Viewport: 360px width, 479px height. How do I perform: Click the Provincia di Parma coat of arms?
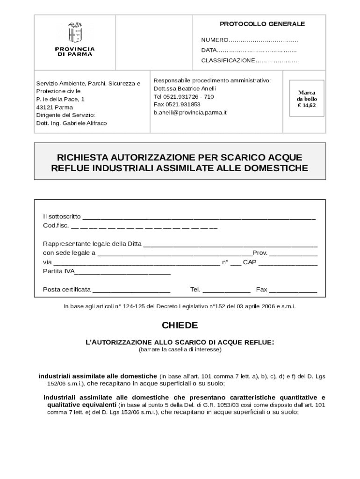(75, 32)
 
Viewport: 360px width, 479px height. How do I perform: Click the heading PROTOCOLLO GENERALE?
(262, 24)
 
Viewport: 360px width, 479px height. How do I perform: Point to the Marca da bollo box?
(307, 99)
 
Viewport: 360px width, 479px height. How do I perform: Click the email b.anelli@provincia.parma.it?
(190, 113)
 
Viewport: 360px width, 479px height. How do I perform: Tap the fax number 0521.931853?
(183, 105)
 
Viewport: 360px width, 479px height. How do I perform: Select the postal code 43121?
(45, 108)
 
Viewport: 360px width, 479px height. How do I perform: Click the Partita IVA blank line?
(123, 272)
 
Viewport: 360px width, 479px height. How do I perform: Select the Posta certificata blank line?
(131, 290)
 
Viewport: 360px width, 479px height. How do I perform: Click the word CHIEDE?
(180, 325)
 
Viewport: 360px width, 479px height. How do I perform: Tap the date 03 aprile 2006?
(252, 306)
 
